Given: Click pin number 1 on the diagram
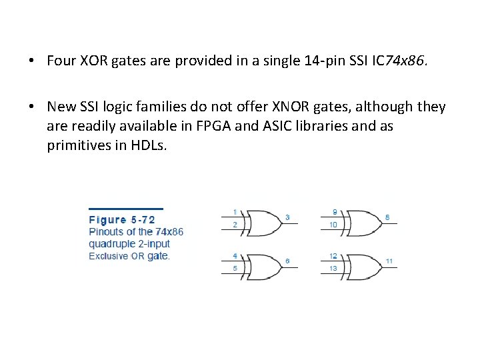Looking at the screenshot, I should click(x=235, y=211).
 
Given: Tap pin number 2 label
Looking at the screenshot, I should click(x=235, y=225).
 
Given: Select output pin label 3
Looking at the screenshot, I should click(x=287, y=217).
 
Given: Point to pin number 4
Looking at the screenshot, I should click(x=235, y=255).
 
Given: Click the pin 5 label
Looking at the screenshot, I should click(x=235, y=269).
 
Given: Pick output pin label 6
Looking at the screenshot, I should click(x=287, y=261).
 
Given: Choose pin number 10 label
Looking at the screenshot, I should click(x=333, y=225).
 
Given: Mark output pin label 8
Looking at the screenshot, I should click(x=387, y=217).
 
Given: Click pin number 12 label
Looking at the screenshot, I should click(x=333, y=255).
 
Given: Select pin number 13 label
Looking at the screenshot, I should click(x=333, y=269).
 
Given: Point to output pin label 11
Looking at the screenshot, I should click(x=389, y=261).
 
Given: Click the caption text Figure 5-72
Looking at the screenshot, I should click(x=122, y=219).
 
